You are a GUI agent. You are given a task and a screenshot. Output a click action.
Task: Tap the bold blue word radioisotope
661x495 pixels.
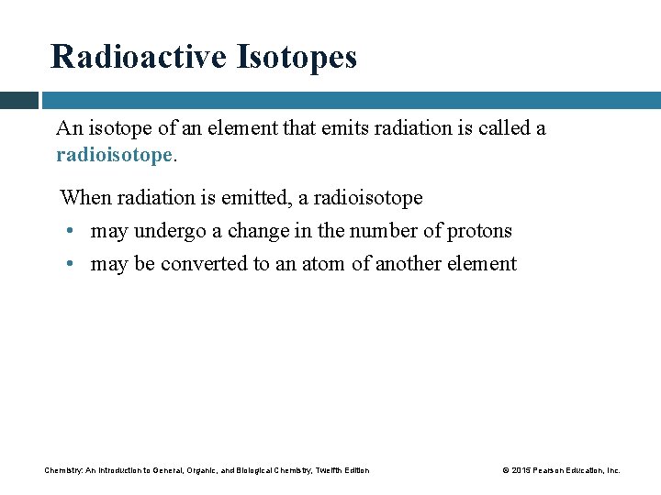[x=114, y=155]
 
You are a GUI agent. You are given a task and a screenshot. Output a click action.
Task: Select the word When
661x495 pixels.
[x=84, y=198]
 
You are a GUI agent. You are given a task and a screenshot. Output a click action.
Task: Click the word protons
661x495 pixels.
[x=479, y=231]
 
